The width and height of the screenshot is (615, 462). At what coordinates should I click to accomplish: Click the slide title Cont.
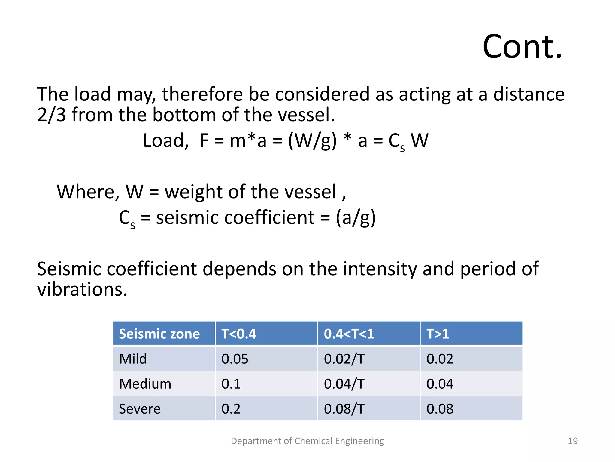522,47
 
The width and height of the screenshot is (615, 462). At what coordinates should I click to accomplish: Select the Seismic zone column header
159,334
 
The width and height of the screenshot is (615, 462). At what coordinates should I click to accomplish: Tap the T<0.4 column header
239,334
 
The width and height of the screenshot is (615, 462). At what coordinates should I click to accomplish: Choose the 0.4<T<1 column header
349,334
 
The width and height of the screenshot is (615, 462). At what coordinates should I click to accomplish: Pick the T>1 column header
438,334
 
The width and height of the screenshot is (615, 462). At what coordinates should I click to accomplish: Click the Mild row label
133,359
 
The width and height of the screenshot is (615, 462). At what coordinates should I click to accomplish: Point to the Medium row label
145,384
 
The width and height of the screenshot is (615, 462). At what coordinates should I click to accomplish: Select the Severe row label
140,409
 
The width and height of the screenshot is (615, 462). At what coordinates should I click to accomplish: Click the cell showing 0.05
235,359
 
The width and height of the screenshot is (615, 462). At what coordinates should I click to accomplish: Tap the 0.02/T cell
344,359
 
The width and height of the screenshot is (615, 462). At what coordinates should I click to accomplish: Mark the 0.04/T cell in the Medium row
344,384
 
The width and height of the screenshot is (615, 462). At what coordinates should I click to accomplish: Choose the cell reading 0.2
231,409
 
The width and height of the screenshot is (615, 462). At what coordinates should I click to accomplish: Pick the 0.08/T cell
344,409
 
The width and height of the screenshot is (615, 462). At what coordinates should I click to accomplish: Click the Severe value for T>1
440,409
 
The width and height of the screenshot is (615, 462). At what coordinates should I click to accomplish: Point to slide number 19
573,441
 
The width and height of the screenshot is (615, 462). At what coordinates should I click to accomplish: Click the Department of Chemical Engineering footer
307,441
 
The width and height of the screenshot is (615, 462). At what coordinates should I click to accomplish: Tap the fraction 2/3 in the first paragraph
51,115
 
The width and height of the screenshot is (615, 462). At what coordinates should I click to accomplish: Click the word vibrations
82,289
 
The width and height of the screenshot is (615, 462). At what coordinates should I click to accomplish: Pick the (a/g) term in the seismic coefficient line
356,217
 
